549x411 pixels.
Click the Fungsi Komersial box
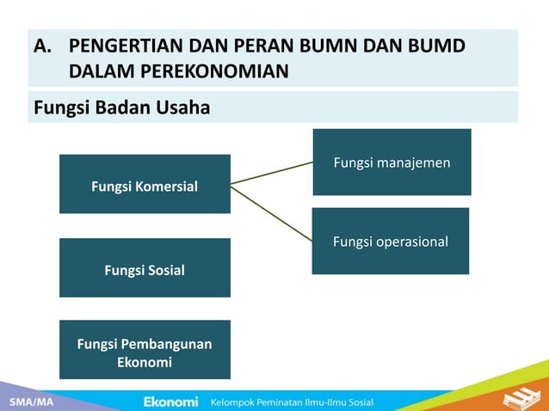coord(145,184)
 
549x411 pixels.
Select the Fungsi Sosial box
coord(145,268)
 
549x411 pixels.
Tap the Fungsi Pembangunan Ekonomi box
coord(145,350)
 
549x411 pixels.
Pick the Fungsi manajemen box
coord(392,163)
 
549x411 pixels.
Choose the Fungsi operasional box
coord(390,242)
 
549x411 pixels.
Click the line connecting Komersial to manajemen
coord(271,173)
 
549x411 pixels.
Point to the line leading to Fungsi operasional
coord(271,212)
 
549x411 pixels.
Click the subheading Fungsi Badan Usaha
coord(121,108)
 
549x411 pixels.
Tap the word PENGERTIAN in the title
coord(123,46)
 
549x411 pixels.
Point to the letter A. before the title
coord(43,46)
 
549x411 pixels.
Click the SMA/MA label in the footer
coord(28,402)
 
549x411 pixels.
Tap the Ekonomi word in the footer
coord(170,402)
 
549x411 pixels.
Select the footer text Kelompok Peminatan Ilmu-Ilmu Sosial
coord(292,402)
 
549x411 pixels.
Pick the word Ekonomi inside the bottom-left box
coord(145,362)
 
